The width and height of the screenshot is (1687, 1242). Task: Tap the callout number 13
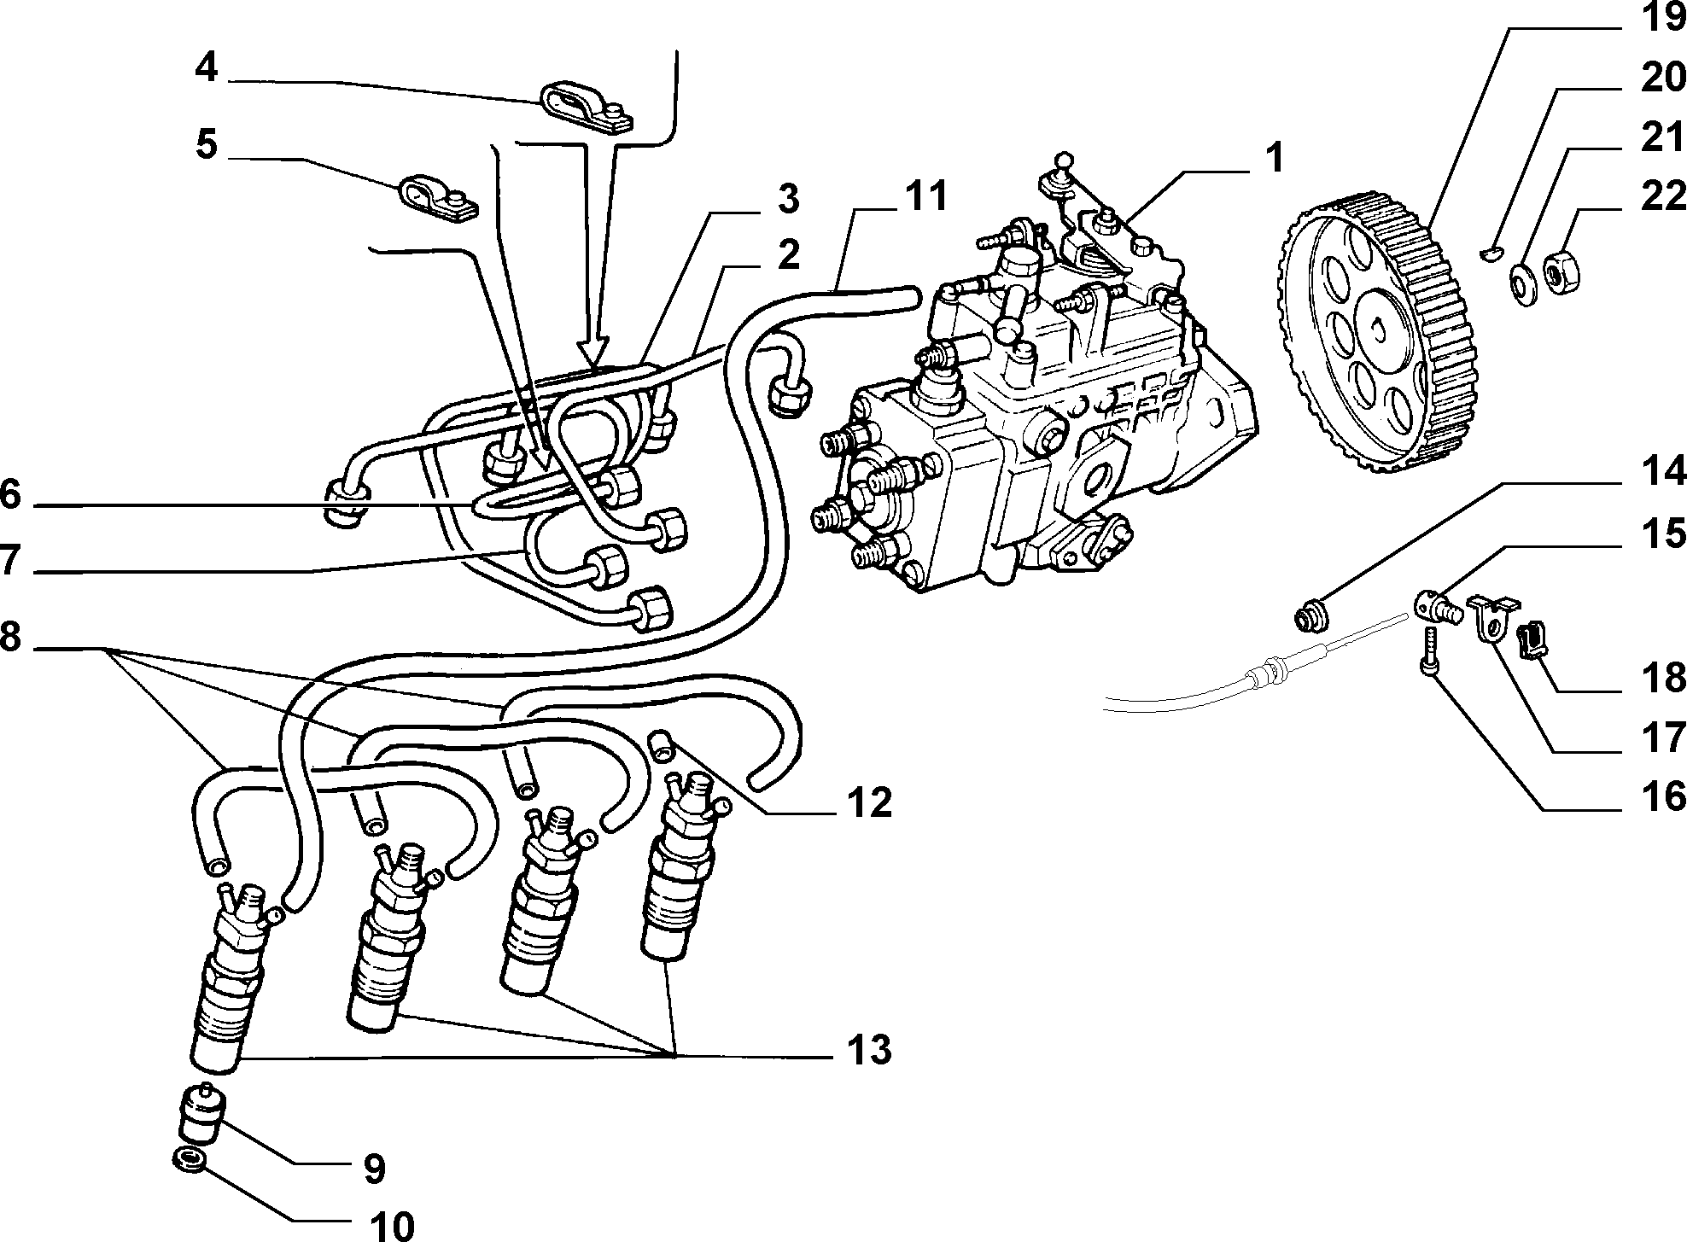point(868,1049)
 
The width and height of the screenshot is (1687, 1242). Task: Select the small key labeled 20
point(1489,252)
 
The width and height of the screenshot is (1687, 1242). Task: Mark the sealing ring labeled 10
point(189,1158)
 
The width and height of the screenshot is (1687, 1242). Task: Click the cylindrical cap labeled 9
point(201,1114)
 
